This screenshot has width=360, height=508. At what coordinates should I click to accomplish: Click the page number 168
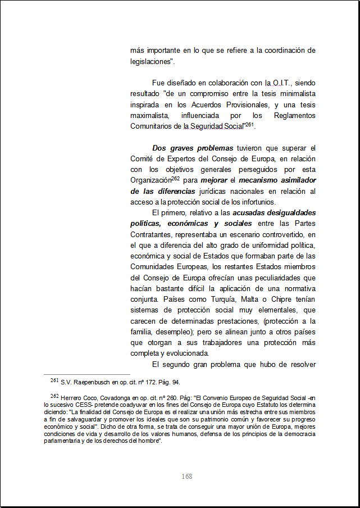point(187,477)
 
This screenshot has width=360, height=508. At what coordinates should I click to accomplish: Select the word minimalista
point(295,94)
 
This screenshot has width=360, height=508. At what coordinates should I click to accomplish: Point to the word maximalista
point(150,116)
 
